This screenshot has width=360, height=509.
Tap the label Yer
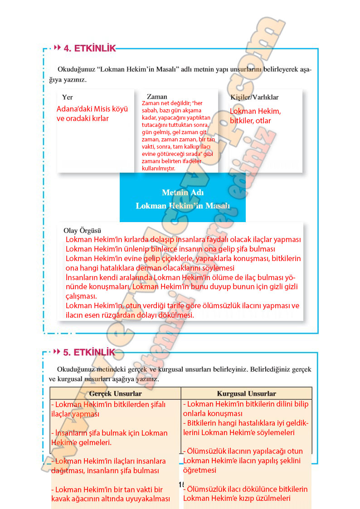[x=68, y=97]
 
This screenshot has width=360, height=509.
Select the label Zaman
[x=157, y=97]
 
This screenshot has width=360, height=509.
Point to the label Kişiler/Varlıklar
[x=254, y=97]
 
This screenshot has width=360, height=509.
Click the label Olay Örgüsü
[x=82, y=230]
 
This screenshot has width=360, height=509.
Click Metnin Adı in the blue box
[x=183, y=192]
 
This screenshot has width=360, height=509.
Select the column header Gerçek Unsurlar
[x=116, y=393]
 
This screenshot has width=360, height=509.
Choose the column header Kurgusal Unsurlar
[x=246, y=393]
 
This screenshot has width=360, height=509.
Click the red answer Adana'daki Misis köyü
[x=92, y=109]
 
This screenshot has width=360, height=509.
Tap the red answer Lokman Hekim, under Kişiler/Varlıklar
[x=255, y=111]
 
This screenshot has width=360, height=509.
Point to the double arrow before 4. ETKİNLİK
[x=58, y=48]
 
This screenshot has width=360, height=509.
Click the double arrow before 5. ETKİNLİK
[x=58, y=352]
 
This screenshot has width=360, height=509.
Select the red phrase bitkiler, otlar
[x=250, y=121]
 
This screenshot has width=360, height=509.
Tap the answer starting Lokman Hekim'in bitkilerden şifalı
[x=108, y=404]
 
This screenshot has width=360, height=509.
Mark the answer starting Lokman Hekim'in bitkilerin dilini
[x=245, y=404]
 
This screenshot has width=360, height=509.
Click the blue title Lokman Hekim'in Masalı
[x=183, y=205]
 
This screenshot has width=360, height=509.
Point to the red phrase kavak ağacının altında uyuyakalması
[x=111, y=499]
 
